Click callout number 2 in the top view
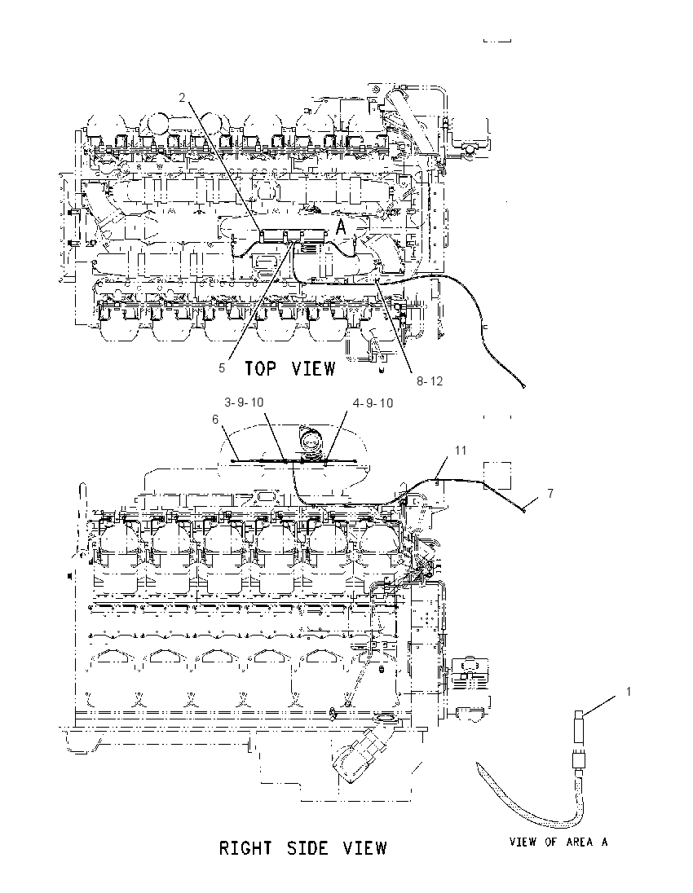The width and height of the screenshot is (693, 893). [183, 98]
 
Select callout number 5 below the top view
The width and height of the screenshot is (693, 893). [222, 368]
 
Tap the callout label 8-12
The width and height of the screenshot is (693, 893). [429, 381]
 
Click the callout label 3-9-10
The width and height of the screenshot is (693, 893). [244, 402]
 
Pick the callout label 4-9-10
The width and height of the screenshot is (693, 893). [373, 403]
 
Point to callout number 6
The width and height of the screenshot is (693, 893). [215, 419]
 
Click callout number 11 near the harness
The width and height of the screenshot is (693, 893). [461, 451]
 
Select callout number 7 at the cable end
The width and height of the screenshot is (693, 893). [550, 493]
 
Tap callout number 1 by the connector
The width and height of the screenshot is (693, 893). [629, 692]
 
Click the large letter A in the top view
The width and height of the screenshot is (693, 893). [340, 227]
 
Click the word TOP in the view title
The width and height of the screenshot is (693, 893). [261, 368]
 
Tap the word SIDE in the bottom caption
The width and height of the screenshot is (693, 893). [307, 848]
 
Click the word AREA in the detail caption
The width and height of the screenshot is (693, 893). [579, 842]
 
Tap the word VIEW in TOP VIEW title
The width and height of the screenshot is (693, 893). [313, 368]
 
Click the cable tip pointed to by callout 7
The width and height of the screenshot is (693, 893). [523, 511]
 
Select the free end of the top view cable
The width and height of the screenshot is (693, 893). [523, 386]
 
